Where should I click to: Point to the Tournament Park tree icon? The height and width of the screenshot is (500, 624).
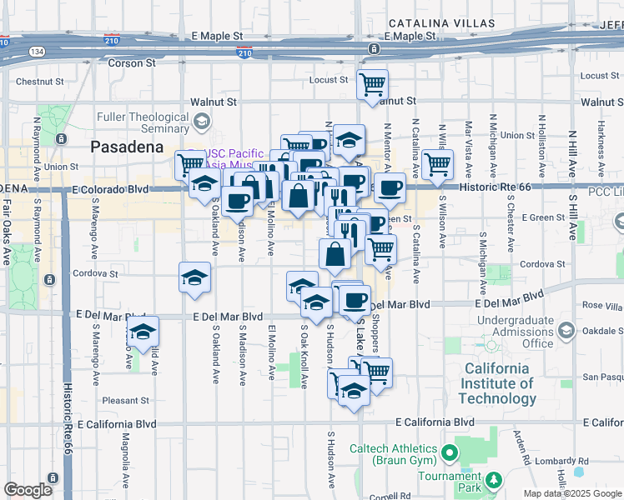point(494,480)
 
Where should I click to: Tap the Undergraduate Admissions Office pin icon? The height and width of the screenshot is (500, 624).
point(566,332)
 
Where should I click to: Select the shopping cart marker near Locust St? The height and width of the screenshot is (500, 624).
point(372,83)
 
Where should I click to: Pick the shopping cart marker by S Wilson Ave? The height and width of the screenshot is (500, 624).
point(437,163)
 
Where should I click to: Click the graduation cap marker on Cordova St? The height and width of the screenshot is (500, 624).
point(194,276)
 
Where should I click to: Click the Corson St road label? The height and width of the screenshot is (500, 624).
point(132,62)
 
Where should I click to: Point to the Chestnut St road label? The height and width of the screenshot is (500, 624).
point(40,82)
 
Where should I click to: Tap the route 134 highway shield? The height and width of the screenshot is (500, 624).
point(38,51)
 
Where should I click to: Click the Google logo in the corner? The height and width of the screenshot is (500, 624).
point(28,490)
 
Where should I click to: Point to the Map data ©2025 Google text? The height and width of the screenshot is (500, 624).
point(571,493)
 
